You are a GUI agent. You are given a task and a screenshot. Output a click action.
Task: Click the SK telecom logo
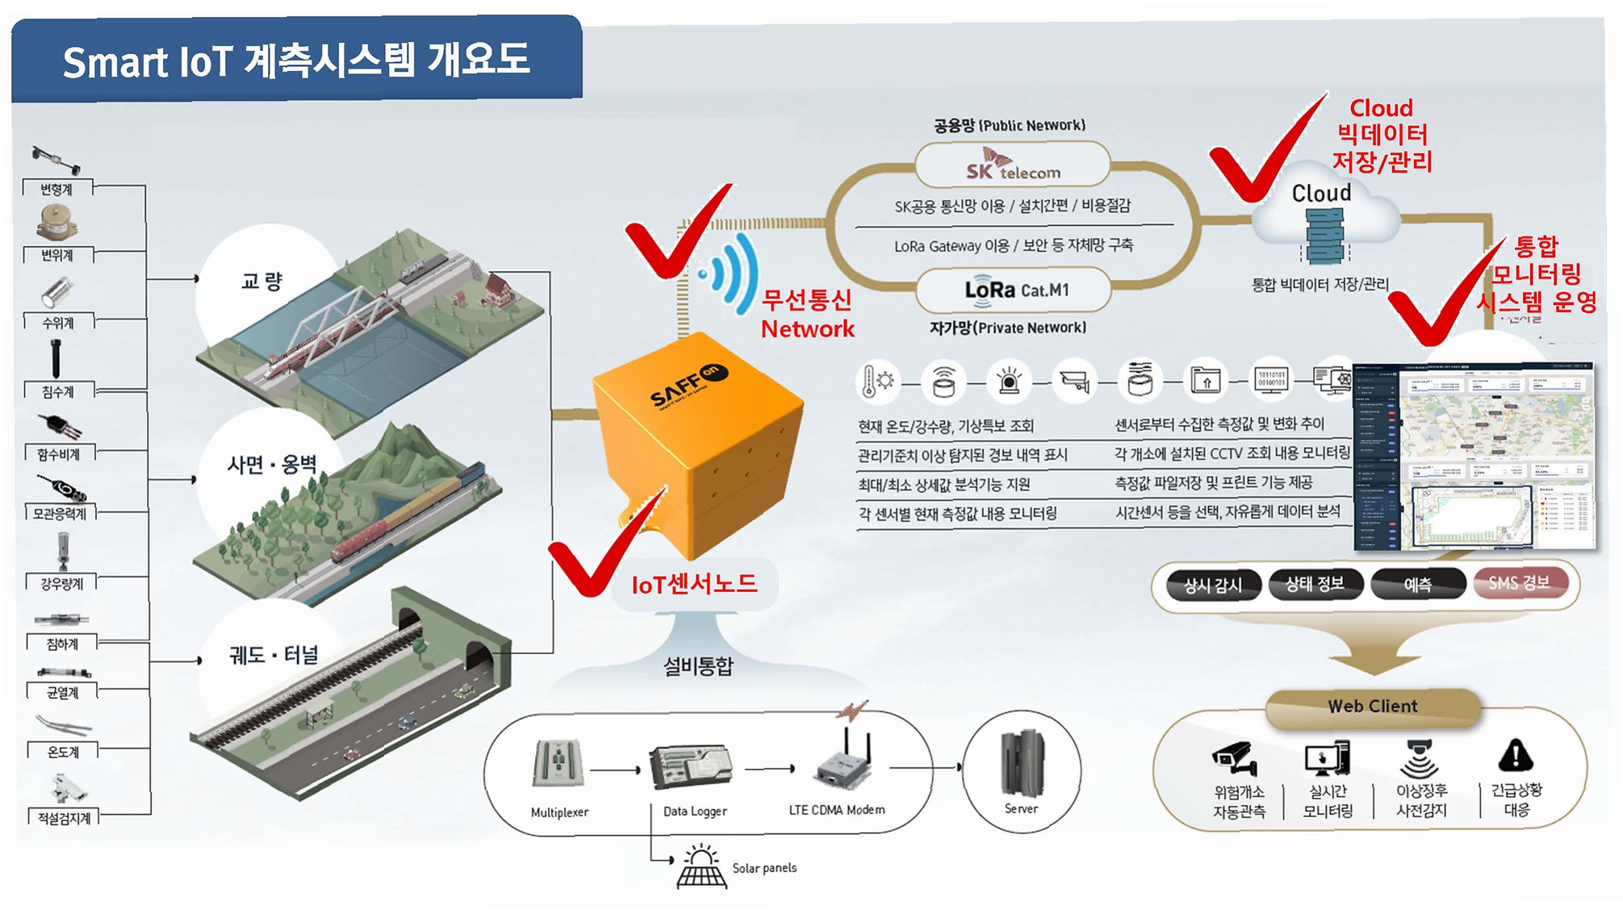tap(1013, 165)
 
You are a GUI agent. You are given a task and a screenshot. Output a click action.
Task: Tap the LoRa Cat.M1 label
tap(1016, 290)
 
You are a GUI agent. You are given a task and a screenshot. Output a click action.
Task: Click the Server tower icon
tap(1022, 762)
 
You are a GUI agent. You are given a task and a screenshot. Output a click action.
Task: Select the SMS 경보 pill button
tap(1520, 582)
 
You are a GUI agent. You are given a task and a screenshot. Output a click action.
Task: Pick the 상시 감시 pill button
tap(1213, 585)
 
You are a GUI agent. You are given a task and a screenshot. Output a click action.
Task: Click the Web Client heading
tap(1373, 706)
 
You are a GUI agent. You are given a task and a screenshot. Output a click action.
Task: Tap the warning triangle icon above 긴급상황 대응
tap(1515, 756)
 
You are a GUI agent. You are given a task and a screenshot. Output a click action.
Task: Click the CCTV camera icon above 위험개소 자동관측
tap(1236, 757)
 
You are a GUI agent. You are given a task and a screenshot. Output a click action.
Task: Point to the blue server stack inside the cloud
tap(1324, 235)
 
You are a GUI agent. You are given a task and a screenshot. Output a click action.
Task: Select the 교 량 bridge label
tap(261, 281)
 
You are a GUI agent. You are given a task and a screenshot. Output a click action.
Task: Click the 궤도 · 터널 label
tap(274, 654)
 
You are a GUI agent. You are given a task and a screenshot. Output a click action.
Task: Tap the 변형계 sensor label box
tap(57, 189)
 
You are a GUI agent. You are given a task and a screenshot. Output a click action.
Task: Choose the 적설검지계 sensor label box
tap(64, 818)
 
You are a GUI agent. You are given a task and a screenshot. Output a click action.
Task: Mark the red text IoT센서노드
tap(694, 584)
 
